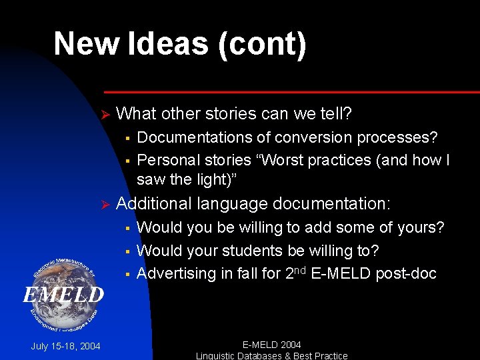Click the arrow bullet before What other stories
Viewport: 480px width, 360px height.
(x=103, y=115)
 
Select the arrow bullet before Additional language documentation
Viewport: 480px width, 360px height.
(x=103, y=205)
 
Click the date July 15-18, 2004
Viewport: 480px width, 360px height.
(x=66, y=346)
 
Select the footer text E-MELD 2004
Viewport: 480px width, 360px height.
(x=271, y=345)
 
